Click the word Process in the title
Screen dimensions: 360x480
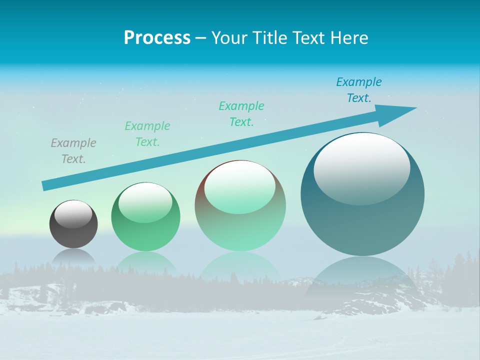click(x=157, y=38)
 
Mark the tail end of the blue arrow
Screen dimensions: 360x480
click(x=46, y=185)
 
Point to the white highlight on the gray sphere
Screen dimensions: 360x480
click(x=73, y=213)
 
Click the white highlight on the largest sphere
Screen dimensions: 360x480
click(x=362, y=168)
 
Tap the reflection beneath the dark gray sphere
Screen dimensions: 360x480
click(x=73, y=256)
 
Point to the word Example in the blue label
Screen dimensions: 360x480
click(x=358, y=82)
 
